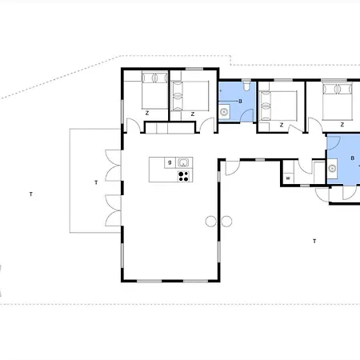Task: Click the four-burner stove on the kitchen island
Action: click(184, 176)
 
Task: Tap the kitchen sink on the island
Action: click(183, 162)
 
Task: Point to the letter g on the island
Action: click(170, 162)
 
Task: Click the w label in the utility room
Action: click(288, 178)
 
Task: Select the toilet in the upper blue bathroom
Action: click(247, 86)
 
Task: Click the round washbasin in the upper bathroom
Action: click(224, 112)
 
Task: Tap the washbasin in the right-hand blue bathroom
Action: click(332, 168)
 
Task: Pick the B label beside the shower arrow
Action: click(240, 102)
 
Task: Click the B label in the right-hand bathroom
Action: click(353, 158)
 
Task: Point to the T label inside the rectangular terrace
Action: click(96, 182)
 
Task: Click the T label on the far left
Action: click(31, 194)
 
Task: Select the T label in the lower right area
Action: click(314, 242)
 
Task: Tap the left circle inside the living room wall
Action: click(210, 222)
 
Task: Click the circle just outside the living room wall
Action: click(226, 222)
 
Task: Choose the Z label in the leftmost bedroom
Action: click(147, 113)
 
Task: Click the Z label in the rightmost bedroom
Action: click(342, 125)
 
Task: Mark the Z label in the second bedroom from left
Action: click(193, 114)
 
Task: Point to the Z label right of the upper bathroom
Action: click(282, 125)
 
